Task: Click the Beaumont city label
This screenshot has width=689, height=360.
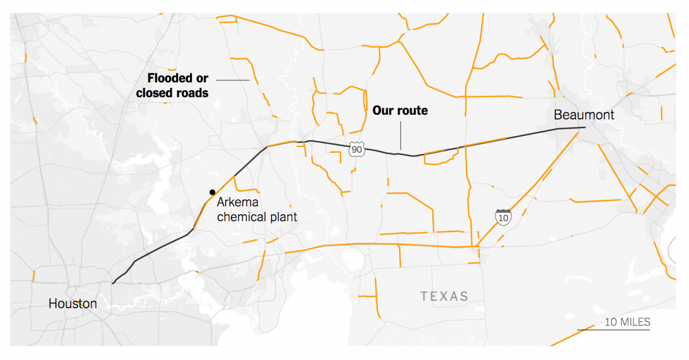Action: pyautogui.click(x=584, y=115)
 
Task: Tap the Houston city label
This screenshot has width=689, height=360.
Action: pyautogui.click(x=73, y=303)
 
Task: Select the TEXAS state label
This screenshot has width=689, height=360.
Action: pyautogui.click(x=444, y=296)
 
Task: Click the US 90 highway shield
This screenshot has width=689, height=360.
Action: pyautogui.click(x=357, y=150)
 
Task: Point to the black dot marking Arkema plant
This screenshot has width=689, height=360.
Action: pyautogui.click(x=212, y=192)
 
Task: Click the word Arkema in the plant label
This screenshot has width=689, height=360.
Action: pyautogui.click(x=238, y=203)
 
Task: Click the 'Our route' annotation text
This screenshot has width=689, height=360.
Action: pyautogui.click(x=400, y=110)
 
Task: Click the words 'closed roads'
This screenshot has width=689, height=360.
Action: pyautogui.click(x=172, y=92)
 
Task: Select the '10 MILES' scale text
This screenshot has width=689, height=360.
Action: pyautogui.click(x=627, y=322)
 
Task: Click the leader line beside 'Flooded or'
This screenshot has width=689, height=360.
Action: pyautogui.click(x=233, y=79)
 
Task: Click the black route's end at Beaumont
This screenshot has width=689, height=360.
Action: pyautogui.click(x=585, y=127)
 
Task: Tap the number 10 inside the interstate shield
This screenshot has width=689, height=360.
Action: pyautogui.click(x=503, y=218)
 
